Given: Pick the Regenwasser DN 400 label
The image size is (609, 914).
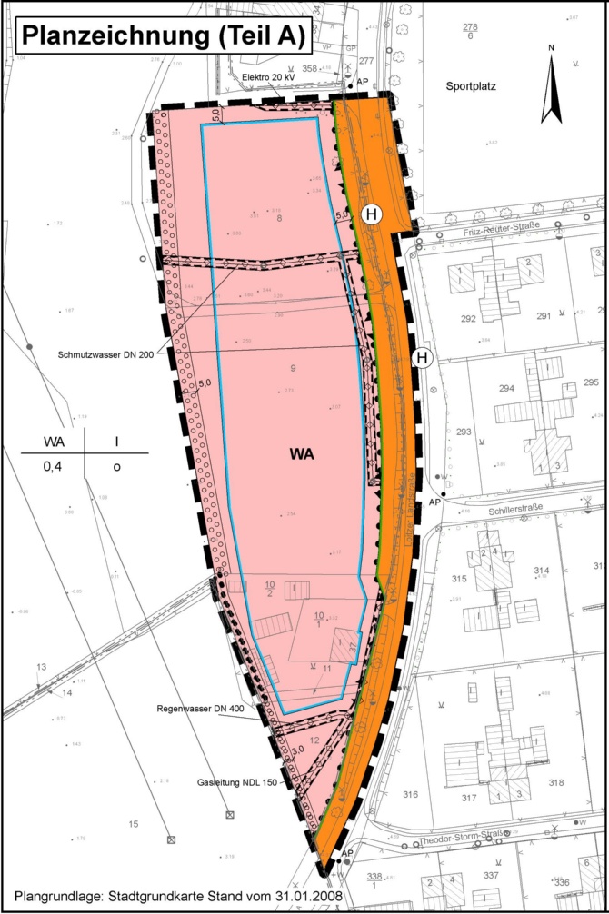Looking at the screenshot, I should (200, 707).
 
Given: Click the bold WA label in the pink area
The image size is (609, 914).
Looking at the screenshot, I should (303, 455).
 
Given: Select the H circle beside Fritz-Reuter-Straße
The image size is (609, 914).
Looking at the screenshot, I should (371, 214).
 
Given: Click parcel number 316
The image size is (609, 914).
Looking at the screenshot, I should (410, 795).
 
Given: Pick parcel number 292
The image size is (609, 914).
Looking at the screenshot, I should (469, 318).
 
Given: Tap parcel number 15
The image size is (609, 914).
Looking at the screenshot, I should (133, 824).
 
